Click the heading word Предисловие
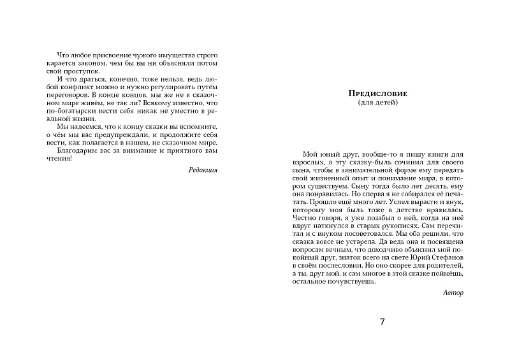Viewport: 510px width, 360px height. [379, 94]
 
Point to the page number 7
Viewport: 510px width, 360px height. [382, 321]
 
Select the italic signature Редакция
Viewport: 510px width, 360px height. [203, 170]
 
